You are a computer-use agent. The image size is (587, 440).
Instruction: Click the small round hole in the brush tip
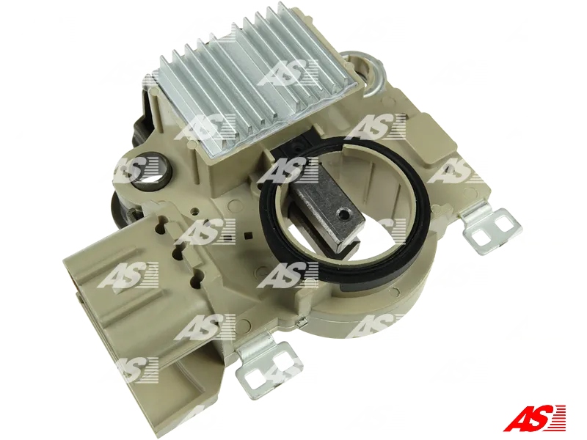340,214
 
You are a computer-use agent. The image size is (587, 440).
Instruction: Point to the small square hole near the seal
252,235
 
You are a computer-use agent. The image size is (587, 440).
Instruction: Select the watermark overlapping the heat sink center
287,73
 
